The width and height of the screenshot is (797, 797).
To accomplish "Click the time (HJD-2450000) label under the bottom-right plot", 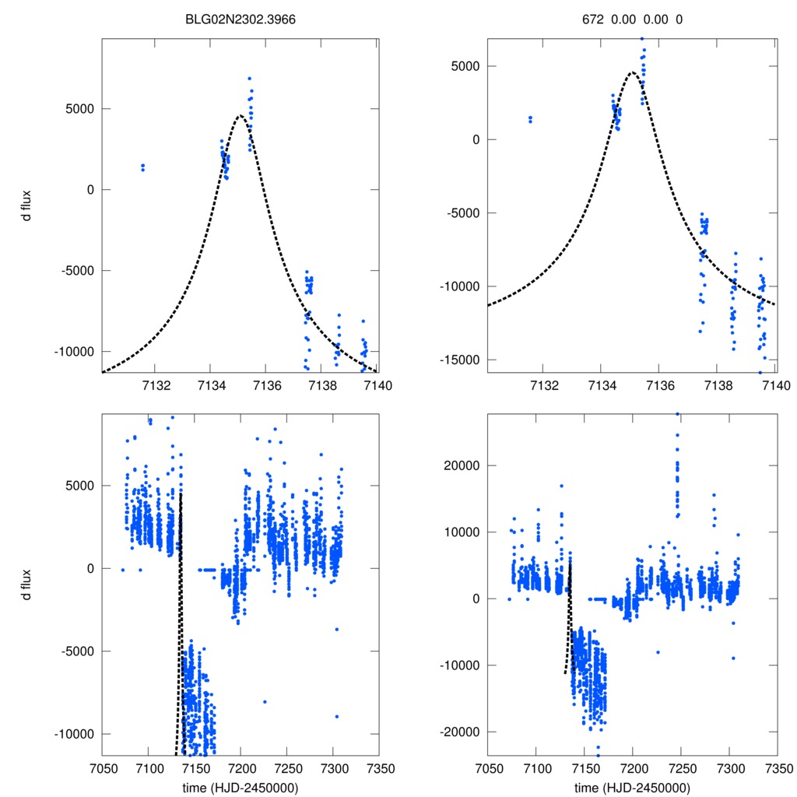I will point(632,787).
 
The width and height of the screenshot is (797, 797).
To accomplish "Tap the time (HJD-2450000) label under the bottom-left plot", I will point(241,787).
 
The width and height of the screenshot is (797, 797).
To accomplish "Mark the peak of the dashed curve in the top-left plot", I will point(240,115).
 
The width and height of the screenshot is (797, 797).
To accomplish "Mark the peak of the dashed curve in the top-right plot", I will point(632,72).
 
